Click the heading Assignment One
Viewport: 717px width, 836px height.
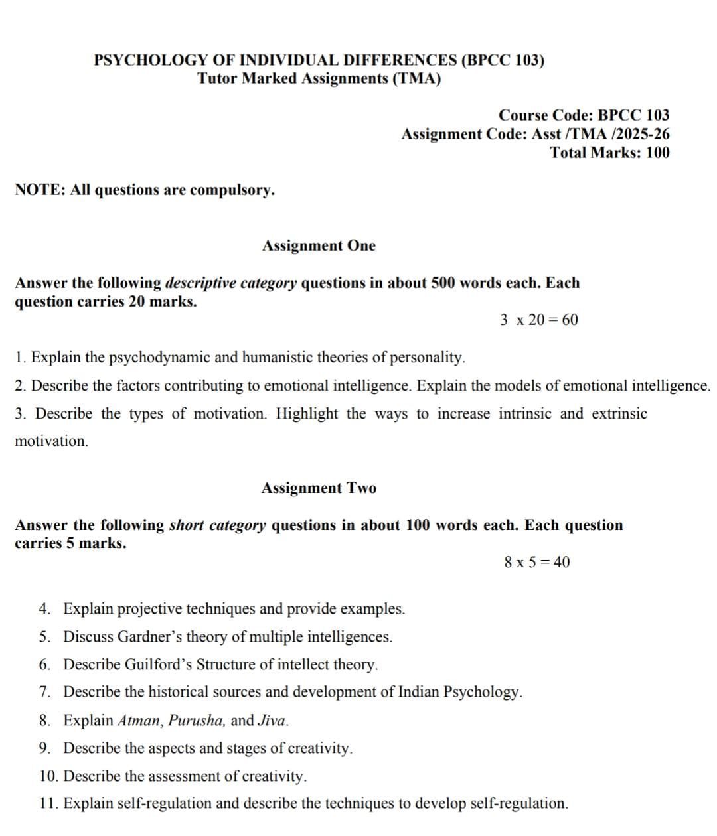pos(319,245)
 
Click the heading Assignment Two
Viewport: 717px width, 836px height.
pos(319,488)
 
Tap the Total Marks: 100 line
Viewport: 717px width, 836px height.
pos(609,153)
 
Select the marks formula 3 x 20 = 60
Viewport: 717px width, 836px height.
pos(538,320)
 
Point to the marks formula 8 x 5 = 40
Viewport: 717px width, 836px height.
pos(536,563)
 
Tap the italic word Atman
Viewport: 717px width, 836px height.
pos(139,721)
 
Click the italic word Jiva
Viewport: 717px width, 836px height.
pos(272,721)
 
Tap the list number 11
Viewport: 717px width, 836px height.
pos(48,804)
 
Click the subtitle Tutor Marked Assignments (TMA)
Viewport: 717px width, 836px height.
pos(319,78)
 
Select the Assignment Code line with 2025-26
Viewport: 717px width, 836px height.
pos(535,134)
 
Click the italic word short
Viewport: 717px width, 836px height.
pos(186,525)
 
